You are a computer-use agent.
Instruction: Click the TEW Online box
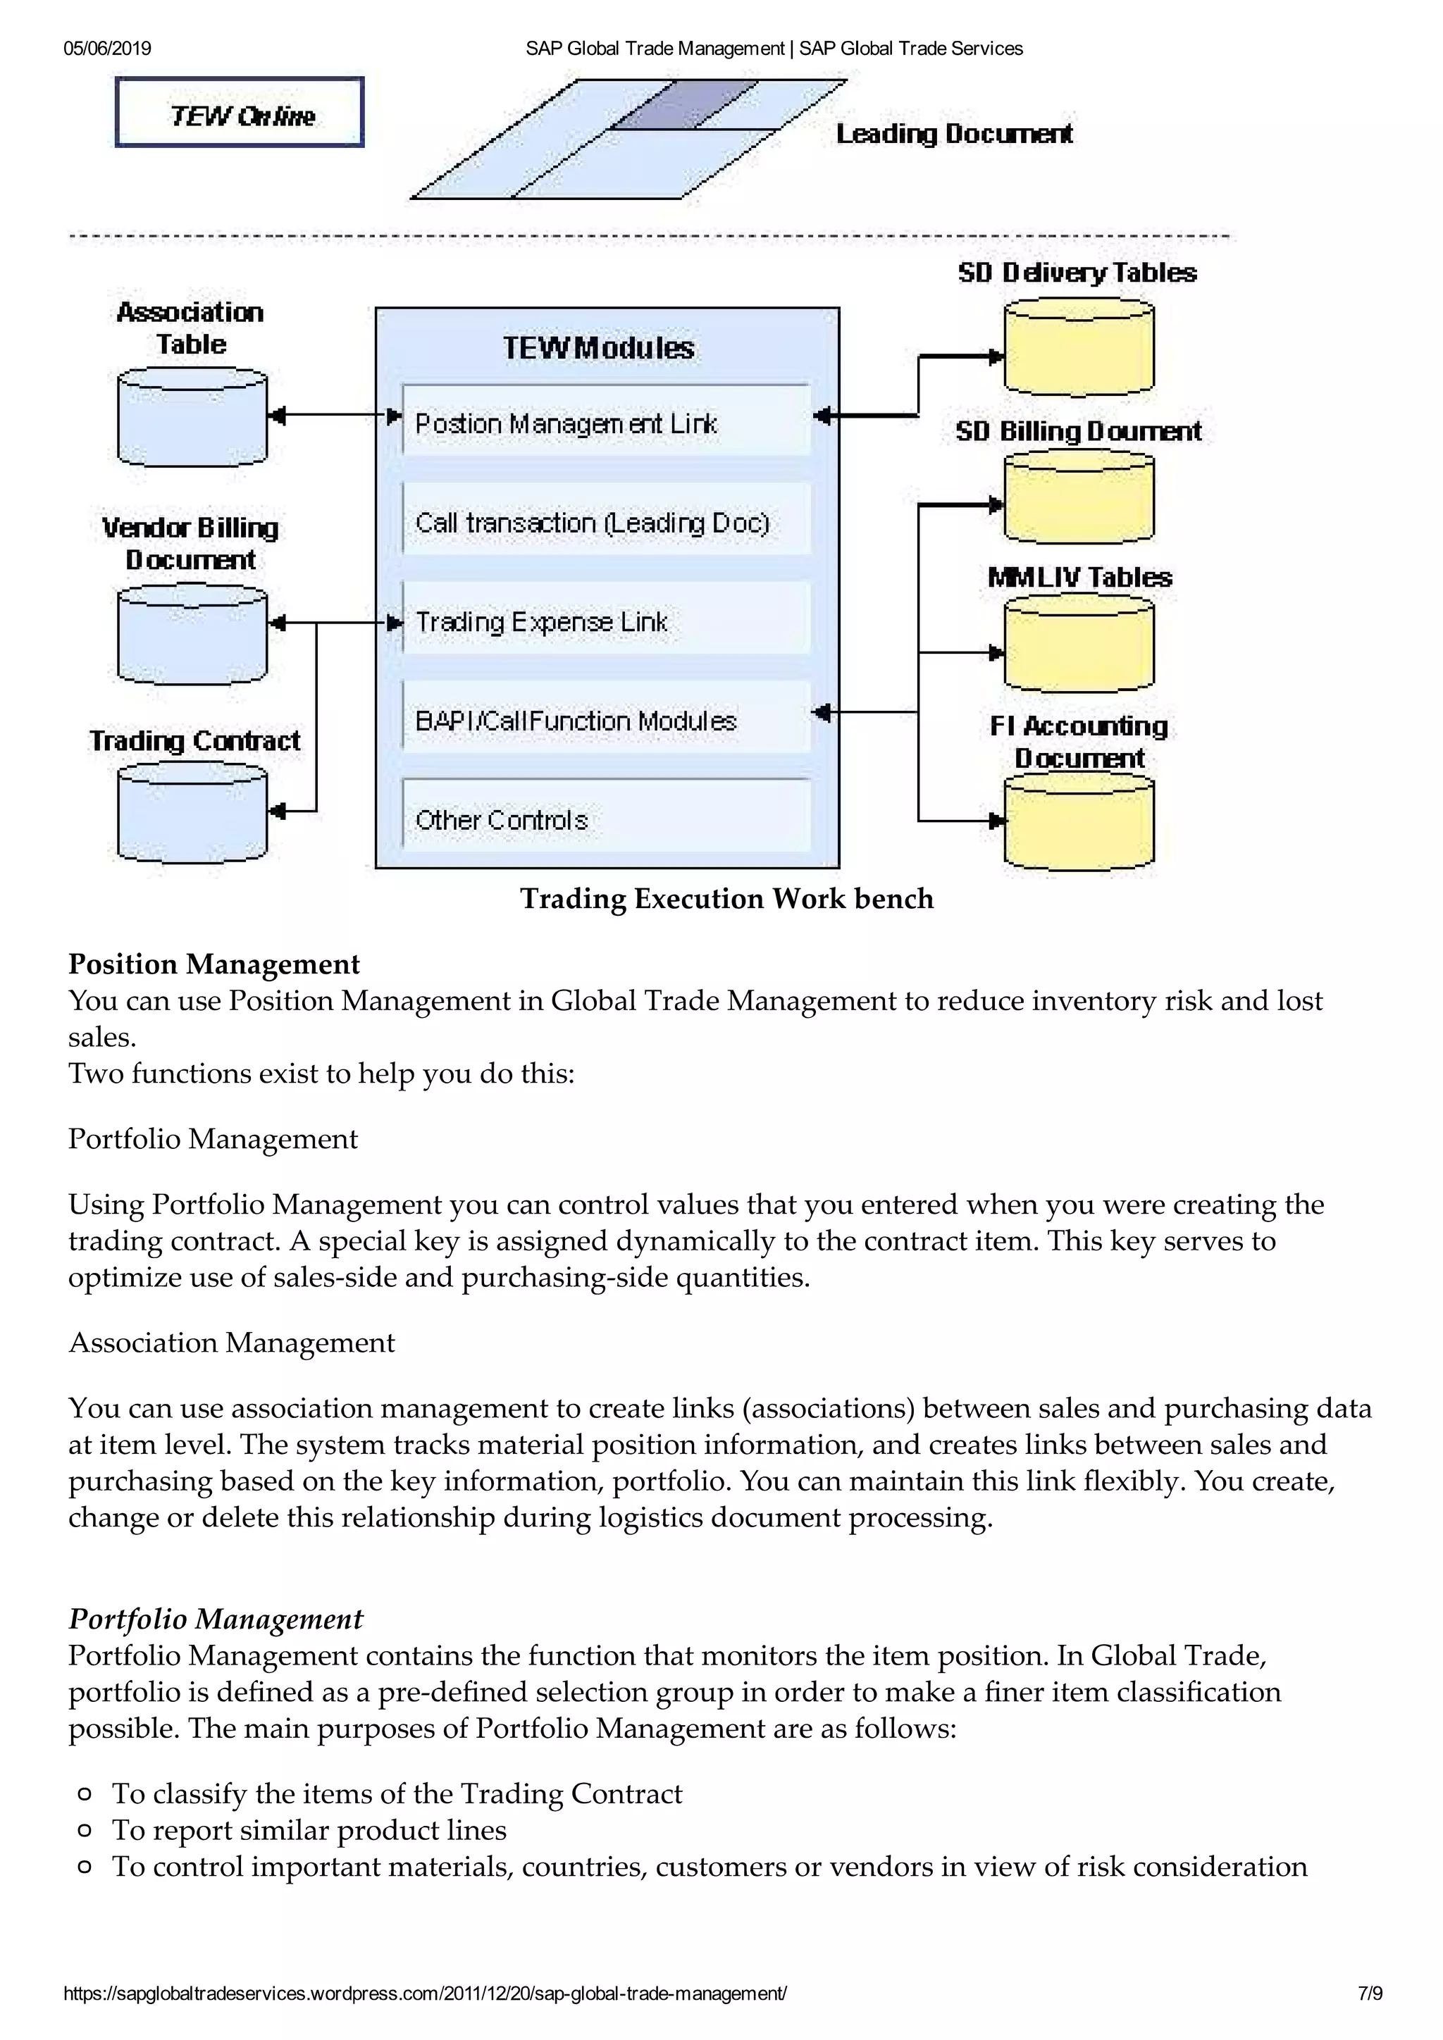(240, 113)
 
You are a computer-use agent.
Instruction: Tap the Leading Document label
(953, 134)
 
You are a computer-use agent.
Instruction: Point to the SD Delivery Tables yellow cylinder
(1079, 347)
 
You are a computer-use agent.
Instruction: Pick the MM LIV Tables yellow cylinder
(1079, 644)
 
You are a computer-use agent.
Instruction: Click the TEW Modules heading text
(598, 348)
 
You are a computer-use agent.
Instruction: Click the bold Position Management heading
(214, 964)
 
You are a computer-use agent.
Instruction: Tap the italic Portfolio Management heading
(216, 1619)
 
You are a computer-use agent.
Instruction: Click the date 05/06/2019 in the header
(108, 49)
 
